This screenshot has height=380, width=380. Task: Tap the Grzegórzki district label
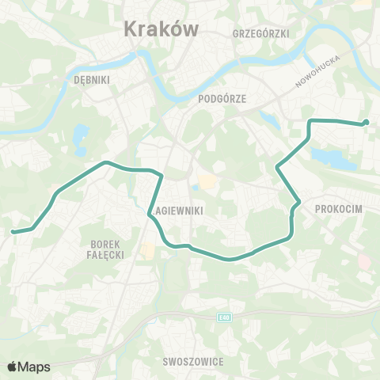pos(262,33)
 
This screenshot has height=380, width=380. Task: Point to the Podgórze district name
pos(220,98)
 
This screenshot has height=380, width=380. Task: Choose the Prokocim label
pos(338,207)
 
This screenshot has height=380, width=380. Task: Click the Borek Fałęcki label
pos(104,250)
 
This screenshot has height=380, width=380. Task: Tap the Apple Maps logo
pos(28,367)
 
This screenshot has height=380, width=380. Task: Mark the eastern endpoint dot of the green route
pos(366,122)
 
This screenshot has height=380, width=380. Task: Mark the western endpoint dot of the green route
pos(13,232)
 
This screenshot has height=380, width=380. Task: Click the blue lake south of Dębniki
pos(81,139)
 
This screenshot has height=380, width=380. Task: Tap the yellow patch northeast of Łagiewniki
pos(207,181)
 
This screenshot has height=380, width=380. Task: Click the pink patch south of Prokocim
pos(363,260)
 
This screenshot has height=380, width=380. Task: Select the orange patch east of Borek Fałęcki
pos(147,251)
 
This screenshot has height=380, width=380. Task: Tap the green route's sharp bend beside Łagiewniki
pos(150,212)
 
